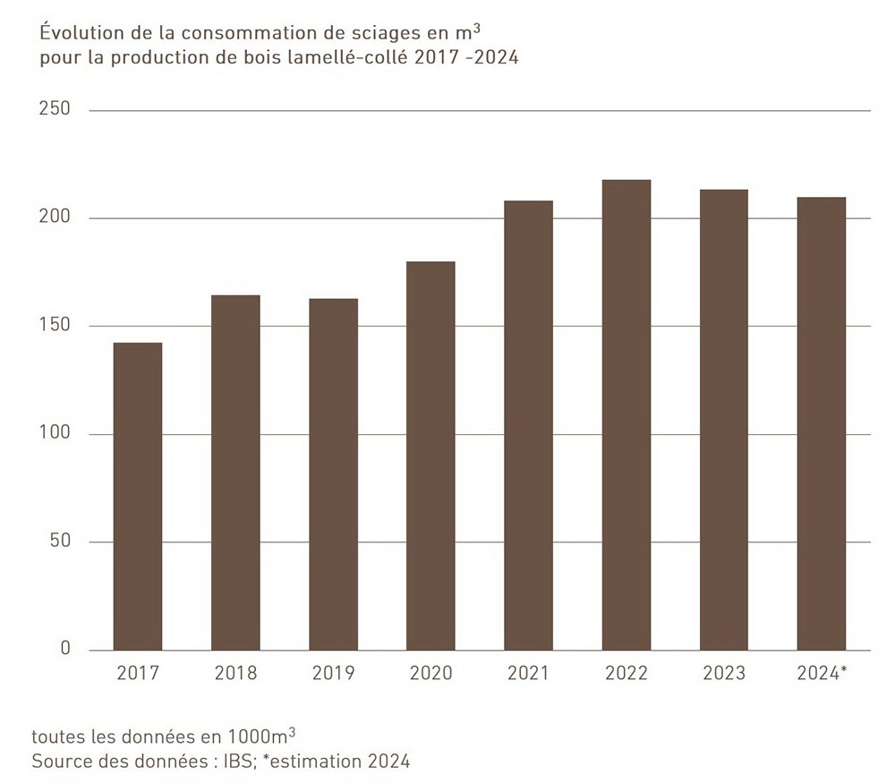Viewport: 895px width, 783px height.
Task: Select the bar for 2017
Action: pyautogui.click(x=137, y=497)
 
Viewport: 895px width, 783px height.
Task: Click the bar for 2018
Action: pyautogui.click(x=235, y=472)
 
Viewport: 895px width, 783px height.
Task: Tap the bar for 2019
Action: pyautogui.click(x=333, y=474)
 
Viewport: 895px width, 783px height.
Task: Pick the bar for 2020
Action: pyautogui.click(x=430, y=455)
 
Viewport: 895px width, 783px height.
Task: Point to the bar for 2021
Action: pyautogui.click(x=528, y=425)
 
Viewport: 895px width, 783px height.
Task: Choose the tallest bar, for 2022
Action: pyautogui.click(x=626, y=415)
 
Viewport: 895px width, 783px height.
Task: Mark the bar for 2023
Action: pyautogui.click(x=723, y=420)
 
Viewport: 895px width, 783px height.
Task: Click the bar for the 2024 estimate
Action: pyautogui.click(x=821, y=423)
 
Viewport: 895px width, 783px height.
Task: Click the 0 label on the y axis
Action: pyautogui.click(x=64, y=649)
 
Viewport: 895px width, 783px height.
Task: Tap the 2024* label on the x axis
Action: pyautogui.click(x=822, y=673)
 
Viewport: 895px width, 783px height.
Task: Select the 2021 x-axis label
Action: pyautogui.click(x=528, y=673)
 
